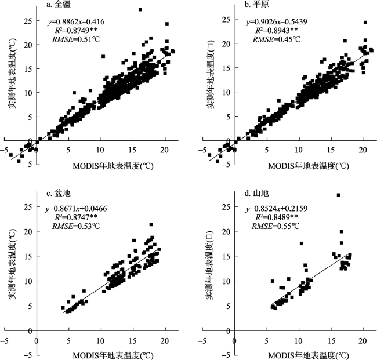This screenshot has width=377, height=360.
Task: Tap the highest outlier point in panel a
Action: (140, 10)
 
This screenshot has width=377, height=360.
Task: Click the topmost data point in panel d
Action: (339, 195)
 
